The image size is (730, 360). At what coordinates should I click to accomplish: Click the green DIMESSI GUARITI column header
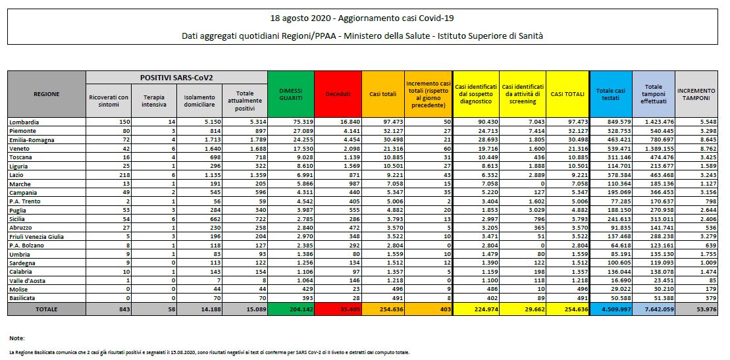290,94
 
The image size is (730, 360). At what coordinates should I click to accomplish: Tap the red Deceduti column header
338,94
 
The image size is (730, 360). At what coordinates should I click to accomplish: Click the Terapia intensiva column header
153,101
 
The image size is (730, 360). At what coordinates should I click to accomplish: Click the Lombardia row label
24,122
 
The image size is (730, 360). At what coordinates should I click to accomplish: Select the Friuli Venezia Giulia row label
36,235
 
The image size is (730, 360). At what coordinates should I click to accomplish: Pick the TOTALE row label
46,308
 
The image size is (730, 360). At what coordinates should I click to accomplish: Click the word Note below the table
16,338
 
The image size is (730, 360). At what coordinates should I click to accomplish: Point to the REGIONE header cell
46,94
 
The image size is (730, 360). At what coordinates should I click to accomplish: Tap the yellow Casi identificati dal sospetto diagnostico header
475,94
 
